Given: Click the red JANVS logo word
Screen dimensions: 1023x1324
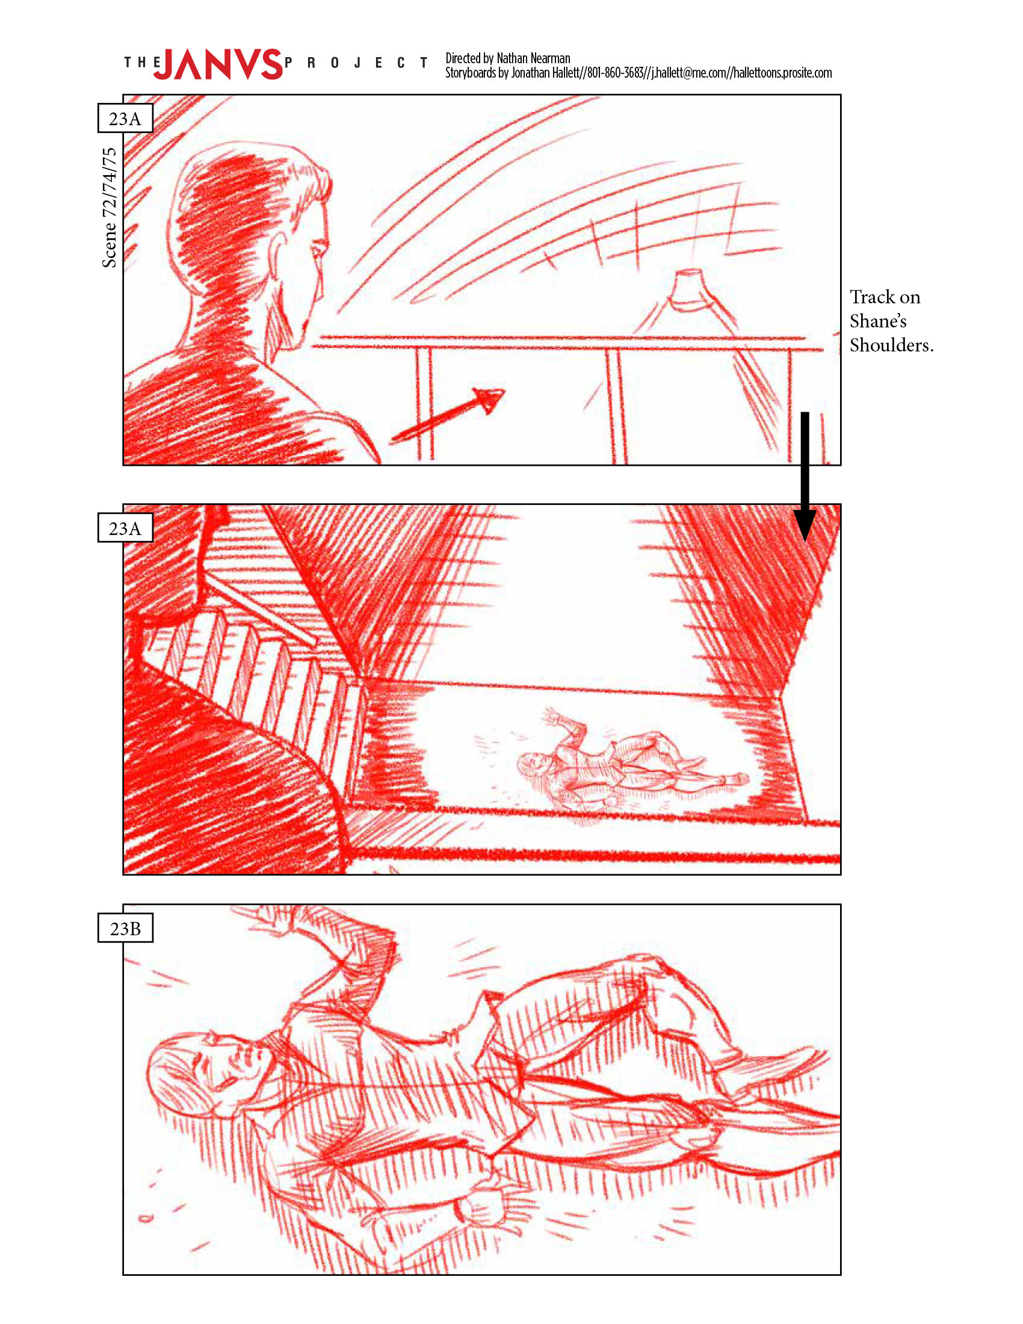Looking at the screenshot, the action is pos(218,63).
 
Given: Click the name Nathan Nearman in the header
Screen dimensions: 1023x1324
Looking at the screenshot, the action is pos(533,58).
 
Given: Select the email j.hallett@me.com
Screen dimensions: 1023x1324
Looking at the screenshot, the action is pos(689,73).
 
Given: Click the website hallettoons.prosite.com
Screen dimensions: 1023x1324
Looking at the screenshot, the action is pos(782,73).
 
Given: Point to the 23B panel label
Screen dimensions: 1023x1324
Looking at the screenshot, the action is pos(125,928).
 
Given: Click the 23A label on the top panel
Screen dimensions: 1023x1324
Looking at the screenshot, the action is pos(125,118).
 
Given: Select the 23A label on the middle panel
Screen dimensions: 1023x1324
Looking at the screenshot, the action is pos(125,528).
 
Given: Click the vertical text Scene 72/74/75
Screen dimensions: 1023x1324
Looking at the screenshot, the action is pos(109,208).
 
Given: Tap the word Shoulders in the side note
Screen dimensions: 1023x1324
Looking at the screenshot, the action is pos(891,345).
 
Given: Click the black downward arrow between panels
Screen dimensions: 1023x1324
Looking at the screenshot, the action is pos(805,477).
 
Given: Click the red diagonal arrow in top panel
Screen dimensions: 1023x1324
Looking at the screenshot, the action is pos(447,415).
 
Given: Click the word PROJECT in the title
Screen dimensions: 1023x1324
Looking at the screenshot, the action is pos(356,63).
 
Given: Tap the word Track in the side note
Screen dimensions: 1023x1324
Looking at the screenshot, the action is pos(871,297).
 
